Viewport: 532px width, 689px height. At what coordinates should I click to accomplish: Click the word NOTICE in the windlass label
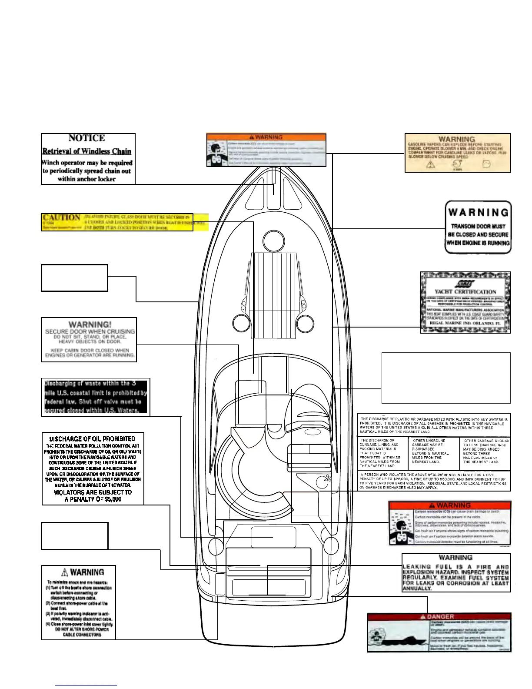coord(86,138)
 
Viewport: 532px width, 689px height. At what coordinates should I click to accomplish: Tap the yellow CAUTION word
coord(61,217)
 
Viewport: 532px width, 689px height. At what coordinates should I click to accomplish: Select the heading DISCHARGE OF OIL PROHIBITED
coord(92,439)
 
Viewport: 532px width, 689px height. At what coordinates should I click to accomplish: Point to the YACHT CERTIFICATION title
coord(465,291)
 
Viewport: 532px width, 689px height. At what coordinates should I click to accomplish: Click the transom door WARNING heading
coord(478,213)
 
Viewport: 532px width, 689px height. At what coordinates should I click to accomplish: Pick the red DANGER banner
coord(439,617)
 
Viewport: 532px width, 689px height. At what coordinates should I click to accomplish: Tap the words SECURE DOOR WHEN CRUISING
coord(90,331)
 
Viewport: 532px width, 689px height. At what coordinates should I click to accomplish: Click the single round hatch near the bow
coord(273,238)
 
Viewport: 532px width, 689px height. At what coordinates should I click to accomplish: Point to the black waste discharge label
coord(96,397)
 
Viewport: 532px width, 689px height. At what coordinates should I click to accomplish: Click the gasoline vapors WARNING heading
coord(456,140)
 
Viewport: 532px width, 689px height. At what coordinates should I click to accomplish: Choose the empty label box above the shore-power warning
coord(74,536)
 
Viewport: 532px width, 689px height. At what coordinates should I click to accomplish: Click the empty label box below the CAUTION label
coord(74,278)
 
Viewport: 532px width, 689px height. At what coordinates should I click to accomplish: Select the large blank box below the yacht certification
coord(446,378)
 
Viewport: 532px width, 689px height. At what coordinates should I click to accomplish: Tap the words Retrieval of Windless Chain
coord(86,151)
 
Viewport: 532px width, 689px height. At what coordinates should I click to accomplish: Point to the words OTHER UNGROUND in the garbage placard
coord(429,441)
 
